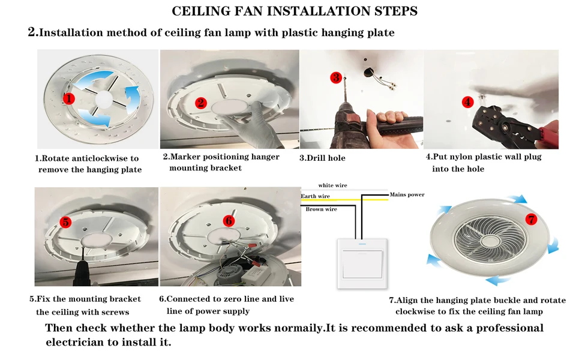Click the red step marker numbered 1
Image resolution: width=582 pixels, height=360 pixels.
click(x=70, y=98)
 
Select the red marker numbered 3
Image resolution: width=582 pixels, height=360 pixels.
click(x=336, y=77)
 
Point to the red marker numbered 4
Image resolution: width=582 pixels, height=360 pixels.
click(x=467, y=102)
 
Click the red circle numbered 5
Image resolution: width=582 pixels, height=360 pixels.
click(x=66, y=222)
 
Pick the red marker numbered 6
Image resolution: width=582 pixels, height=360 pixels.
click(x=229, y=220)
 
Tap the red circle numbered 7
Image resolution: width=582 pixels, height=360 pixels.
click(x=531, y=218)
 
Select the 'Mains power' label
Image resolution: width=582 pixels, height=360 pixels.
click(x=407, y=194)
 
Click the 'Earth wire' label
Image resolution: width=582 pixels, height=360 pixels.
click(x=316, y=196)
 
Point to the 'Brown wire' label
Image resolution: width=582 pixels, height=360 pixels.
click(x=321, y=209)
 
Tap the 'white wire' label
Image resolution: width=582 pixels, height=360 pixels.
click(x=332, y=185)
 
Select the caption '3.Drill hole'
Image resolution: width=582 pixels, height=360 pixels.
click(x=322, y=158)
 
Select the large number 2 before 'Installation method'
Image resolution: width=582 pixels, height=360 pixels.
click(x=33, y=32)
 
